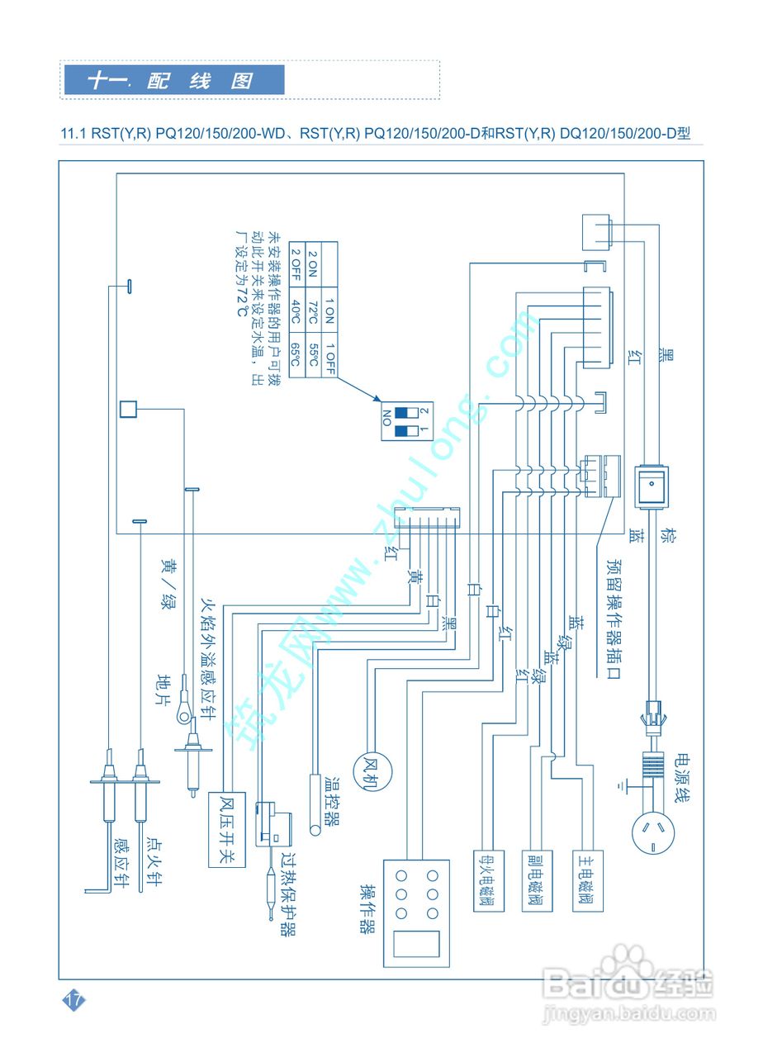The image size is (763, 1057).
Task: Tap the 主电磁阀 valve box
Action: tap(587, 880)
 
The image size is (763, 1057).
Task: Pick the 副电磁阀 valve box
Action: tap(537, 880)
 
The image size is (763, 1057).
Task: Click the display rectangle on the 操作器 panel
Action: tap(417, 942)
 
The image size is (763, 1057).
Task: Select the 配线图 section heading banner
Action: tap(173, 80)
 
